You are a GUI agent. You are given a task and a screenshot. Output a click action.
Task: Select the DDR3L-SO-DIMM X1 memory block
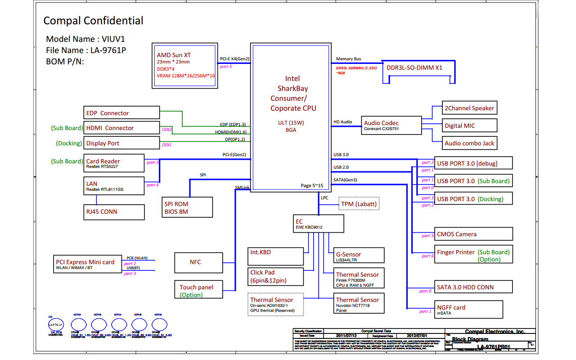(419, 68)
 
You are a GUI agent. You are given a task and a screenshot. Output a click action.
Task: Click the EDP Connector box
(121, 113)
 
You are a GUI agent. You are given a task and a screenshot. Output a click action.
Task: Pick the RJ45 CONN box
(114, 211)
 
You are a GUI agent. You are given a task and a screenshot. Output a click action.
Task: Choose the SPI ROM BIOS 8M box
(187, 207)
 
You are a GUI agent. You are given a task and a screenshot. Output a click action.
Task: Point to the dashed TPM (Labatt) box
(359, 204)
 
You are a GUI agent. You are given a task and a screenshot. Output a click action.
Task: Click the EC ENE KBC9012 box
(318, 224)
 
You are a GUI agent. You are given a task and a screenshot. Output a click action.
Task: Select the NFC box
(198, 262)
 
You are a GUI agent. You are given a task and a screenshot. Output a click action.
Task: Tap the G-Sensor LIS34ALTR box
(359, 256)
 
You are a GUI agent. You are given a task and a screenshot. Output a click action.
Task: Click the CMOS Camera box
(474, 234)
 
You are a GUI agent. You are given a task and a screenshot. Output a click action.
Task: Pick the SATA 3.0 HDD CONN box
(474, 287)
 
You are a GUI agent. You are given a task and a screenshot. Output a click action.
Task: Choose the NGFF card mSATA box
(468, 310)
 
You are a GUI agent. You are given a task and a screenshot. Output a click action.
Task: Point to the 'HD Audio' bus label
(343, 122)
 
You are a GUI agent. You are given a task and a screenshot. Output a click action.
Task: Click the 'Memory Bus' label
(348, 59)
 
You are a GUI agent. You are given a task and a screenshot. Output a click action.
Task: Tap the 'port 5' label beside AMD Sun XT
(226, 67)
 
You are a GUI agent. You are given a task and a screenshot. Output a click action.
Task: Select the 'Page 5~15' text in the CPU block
(312, 185)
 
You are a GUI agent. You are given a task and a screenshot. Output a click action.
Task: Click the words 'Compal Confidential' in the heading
(93, 21)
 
